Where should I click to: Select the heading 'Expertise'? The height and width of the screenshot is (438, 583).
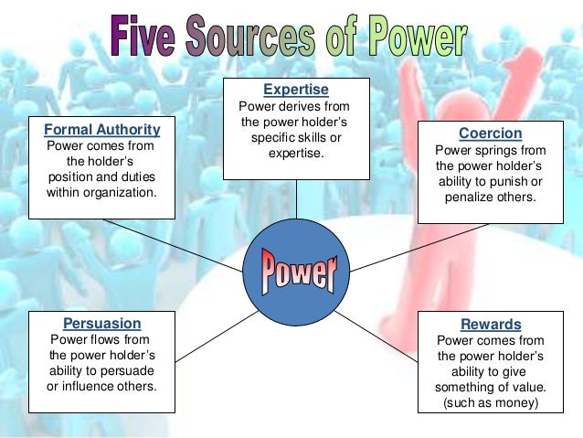(295, 90)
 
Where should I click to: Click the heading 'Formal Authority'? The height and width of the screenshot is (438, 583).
(101, 130)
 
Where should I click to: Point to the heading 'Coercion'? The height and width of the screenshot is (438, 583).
(489, 133)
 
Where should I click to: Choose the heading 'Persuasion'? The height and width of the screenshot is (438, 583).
(101, 323)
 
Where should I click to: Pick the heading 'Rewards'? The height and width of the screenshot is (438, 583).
(491, 325)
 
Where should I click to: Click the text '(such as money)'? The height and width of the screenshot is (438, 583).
(491, 403)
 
